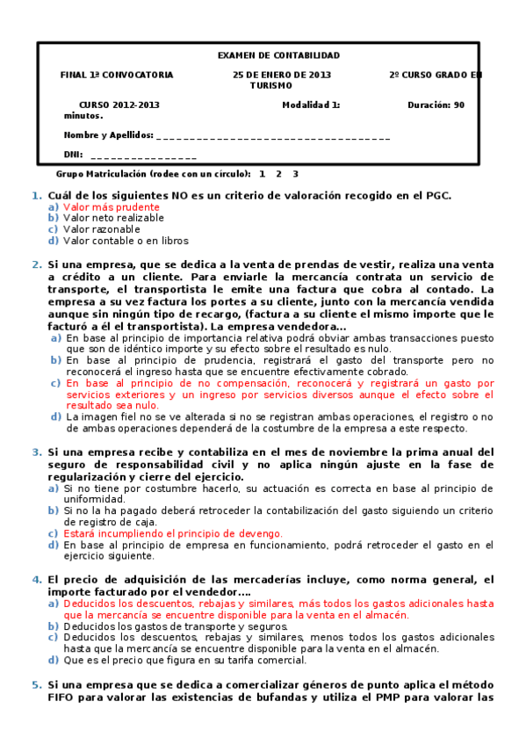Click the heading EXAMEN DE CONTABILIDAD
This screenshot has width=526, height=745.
278,55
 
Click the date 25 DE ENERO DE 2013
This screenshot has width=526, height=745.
282,76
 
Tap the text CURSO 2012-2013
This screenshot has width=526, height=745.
119,105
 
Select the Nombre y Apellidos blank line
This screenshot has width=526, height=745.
271,136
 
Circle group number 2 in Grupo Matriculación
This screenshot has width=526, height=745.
278,174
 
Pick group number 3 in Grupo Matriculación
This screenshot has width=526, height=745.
295,174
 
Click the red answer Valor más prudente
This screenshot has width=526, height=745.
112,206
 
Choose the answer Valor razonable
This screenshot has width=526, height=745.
101,229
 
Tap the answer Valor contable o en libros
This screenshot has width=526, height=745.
126,241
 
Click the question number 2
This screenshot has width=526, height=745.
36,264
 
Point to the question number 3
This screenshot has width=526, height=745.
36,452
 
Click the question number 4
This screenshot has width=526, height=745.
36,580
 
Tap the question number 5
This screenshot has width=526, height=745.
36,684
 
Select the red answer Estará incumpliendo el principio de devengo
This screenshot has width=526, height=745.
173,533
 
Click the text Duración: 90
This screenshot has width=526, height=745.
436,105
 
